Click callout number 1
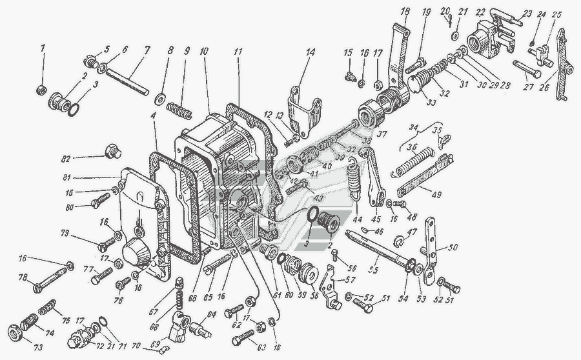coord(43,48)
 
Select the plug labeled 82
coord(112,153)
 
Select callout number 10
coord(204,50)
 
